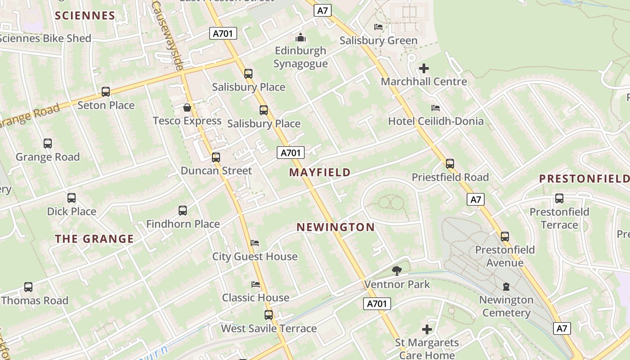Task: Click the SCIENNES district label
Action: tap(85, 16)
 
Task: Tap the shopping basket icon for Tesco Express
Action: tap(187, 108)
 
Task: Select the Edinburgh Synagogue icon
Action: tap(300, 37)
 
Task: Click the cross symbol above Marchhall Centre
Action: tap(424, 68)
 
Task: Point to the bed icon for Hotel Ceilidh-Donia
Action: tap(436, 108)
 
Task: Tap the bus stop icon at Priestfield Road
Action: tap(450, 164)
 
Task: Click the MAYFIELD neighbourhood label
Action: tap(320, 172)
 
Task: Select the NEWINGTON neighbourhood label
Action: tap(336, 227)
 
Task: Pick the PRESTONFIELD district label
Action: tap(584, 179)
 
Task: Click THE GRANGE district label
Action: tap(94, 239)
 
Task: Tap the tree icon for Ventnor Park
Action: tap(396, 270)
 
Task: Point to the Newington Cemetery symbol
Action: tap(506, 287)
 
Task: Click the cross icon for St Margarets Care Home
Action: tap(427, 329)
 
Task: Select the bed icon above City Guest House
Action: tap(255, 243)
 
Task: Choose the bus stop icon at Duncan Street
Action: tap(216, 157)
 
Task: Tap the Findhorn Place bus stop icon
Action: tap(183, 211)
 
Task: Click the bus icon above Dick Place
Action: tap(72, 198)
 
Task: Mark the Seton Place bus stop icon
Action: tap(106, 92)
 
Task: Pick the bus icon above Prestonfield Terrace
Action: tap(559, 198)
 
